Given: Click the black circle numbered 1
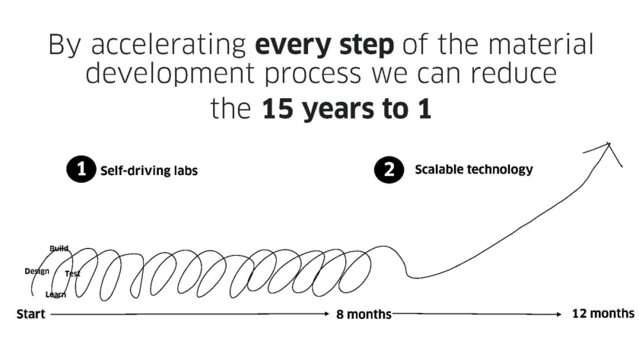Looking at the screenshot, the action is [81, 169].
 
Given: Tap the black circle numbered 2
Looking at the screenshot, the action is [389, 169].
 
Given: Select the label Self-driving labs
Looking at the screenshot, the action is [149, 170].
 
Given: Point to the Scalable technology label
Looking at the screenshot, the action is [473, 169].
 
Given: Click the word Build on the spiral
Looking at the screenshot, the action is [59, 248].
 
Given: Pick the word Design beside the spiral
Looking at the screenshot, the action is [37, 271].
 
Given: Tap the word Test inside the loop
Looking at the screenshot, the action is [72, 273].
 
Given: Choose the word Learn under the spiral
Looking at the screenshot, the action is [56, 295].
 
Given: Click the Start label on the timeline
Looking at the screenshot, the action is [30, 314].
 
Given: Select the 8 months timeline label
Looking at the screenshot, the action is [364, 314].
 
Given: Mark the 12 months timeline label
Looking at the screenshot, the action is [603, 313].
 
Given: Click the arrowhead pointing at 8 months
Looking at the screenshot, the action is [326, 314].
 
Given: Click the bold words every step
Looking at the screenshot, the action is [324, 44].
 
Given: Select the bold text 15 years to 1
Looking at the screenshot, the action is [346, 109].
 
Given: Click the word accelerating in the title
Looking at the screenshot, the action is [168, 45].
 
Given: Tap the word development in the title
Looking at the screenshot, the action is [170, 73].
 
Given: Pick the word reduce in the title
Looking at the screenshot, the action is [514, 72].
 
